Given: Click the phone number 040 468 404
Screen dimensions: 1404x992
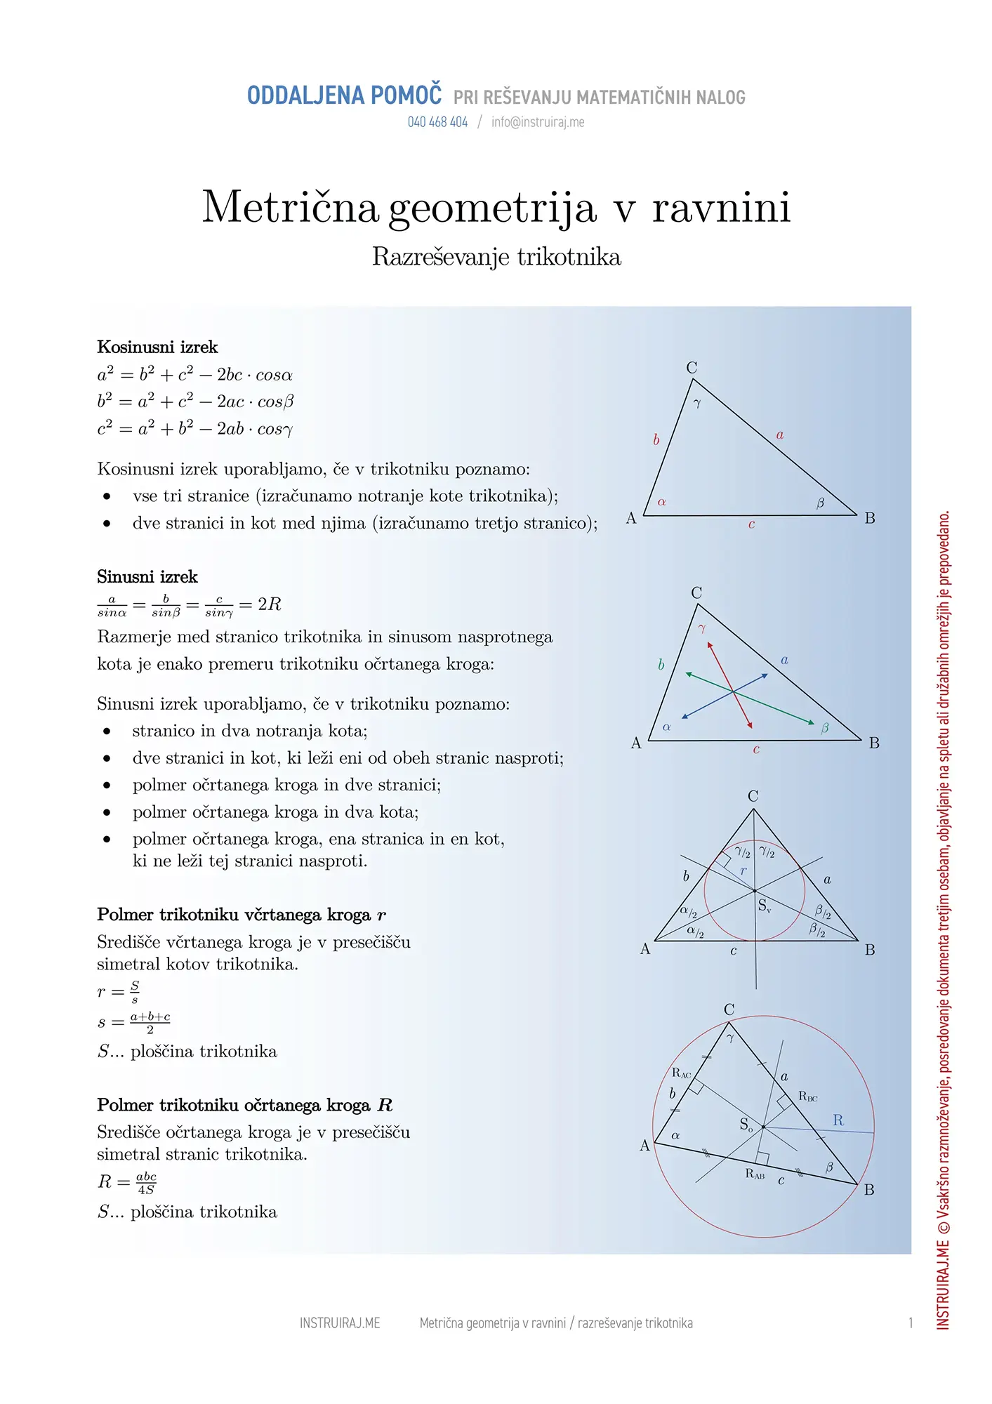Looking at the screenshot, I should (x=437, y=122).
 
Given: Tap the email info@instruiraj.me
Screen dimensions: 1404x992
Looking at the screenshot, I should (x=537, y=122).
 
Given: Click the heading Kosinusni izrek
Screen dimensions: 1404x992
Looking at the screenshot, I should (x=157, y=347).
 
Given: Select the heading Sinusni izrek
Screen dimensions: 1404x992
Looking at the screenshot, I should (x=147, y=577).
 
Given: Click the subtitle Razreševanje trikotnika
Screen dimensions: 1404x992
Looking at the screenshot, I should (x=496, y=257).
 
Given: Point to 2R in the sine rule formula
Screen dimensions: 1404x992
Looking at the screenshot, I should (x=269, y=604).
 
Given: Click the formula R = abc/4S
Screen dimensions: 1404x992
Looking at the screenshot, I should (x=127, y=1182).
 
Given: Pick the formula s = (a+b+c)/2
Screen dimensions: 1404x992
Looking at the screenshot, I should (x=134, y=1022).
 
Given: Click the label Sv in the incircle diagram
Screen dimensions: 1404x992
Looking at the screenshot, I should (x=765, y=906).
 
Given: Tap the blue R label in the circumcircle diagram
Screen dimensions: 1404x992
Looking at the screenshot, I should (x=838, y=1120).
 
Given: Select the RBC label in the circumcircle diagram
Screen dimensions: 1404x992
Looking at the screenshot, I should (x=808, y=1097).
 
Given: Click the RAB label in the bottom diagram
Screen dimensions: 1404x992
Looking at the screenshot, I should (x=755, y=1174).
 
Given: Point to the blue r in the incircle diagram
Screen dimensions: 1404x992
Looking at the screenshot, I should (x=743, y=871).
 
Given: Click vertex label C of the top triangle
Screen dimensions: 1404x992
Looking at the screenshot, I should (x=692, y=368).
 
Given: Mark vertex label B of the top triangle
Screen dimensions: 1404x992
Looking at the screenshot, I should (x=870, y=518).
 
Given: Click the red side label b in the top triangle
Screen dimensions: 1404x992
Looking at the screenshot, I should (x=656, y=440).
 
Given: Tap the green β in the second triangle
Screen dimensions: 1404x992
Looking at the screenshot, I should (x=825, y=728).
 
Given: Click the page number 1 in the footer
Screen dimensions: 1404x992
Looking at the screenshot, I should (x=911, y=1323).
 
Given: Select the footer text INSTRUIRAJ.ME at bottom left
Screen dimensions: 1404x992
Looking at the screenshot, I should (x=340, y=1323).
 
